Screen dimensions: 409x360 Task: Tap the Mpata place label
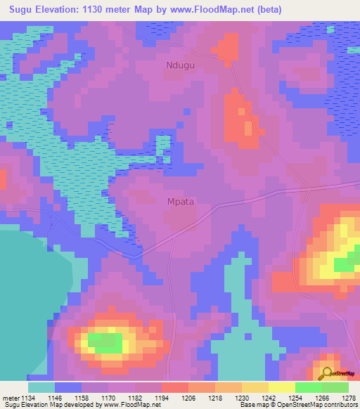[181, 201]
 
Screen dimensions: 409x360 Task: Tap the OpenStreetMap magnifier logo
[327, 373]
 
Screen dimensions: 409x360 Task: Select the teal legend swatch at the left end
[41, 387]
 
